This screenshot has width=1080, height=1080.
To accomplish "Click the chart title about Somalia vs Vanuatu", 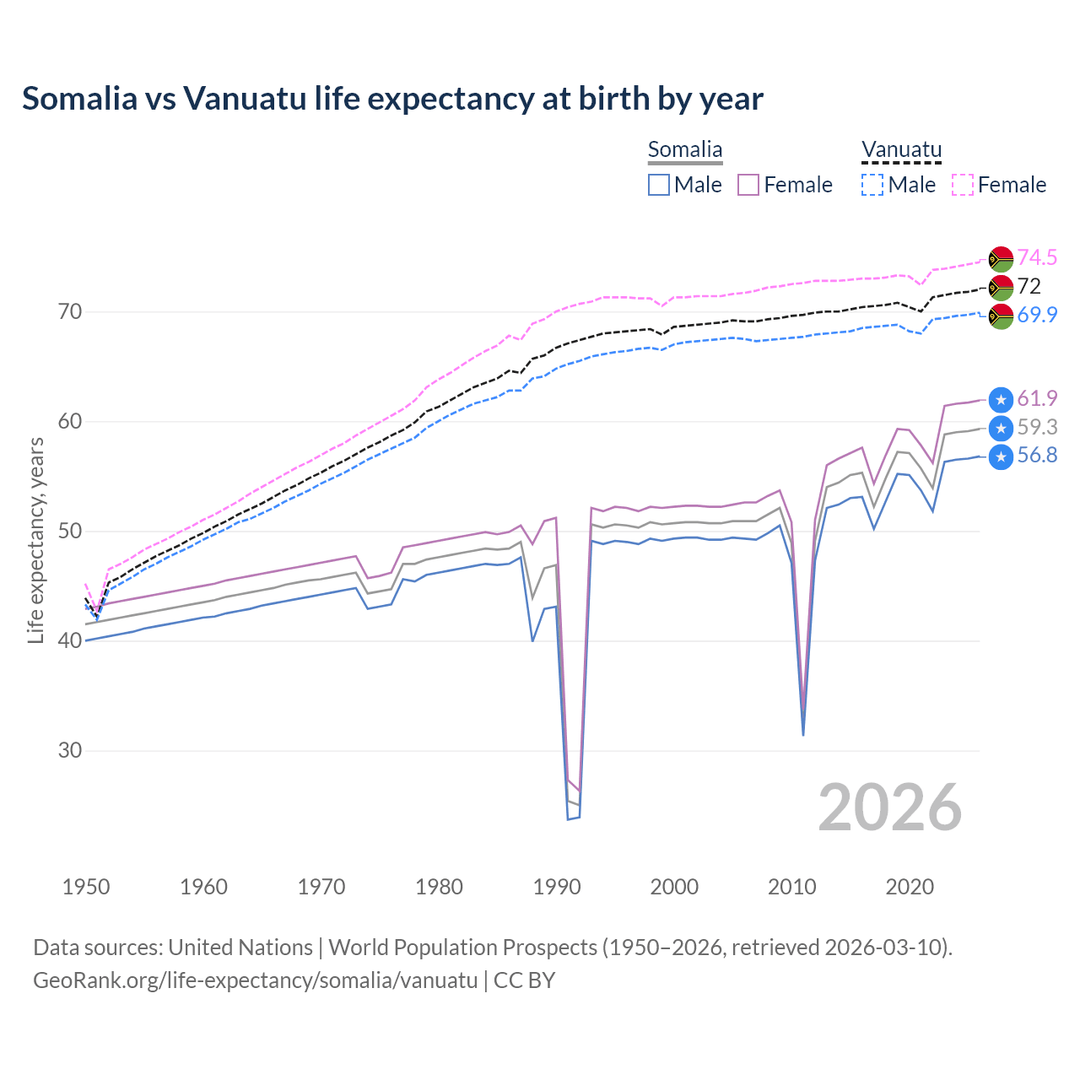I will pyautogui.click(x=392, y=99).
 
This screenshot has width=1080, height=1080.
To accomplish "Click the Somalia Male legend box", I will pyautogui.click(x=659, y=185).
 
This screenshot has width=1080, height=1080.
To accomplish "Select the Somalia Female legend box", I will pyautogui.click(x=748, y=185).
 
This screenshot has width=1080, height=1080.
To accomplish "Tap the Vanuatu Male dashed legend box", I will pyautogui.click(x=872, y=185).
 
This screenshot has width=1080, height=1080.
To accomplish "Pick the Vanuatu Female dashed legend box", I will pyautogui.click(x=963, y=185).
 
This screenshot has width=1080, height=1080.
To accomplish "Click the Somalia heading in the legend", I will pyautogui.click(x=685, y=150).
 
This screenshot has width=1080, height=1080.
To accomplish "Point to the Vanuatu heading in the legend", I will pyautogui.click(x=901, y=150).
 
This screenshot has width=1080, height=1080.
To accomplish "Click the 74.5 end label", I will pyautogui.click(x=1037, y=257).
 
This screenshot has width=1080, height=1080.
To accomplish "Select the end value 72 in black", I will pyautogui.click(x=1029, y=286).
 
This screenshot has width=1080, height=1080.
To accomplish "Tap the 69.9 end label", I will pyautogui.click(x=1037, y=315).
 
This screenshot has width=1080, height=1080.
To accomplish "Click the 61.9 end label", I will pyautogui.click(x=1037, y=398).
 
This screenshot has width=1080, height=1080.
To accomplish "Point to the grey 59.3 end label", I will pyautogui.click(x=1037, y=427).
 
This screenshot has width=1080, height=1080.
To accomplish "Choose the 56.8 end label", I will pyautogui.click(x=1037, y=456).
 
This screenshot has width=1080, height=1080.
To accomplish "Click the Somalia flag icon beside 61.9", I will pyautogui.click(x=1001, y=399).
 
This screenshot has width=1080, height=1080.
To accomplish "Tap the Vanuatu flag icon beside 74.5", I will pyautogui.click(x=1001, y=258).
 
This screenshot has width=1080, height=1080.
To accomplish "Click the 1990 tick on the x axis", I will pyautogui.click(x=557, y=887).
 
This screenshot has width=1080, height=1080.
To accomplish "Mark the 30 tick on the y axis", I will pyautogui.click(x=70, y=750).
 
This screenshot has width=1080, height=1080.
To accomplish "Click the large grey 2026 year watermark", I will pyautogui.click(x=890, y=807).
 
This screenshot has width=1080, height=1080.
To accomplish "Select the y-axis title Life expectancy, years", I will pyautogui.click(x=35, y=541).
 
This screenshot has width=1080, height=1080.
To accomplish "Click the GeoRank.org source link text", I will pyautogui.click(x=255, y=980).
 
